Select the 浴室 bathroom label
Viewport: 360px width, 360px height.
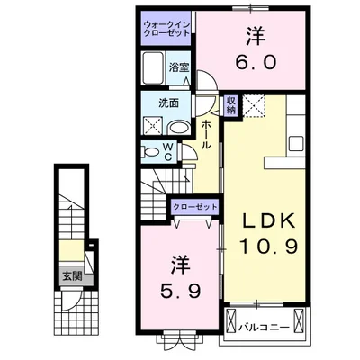click(x=180, y=67)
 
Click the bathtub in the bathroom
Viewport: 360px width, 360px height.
click(x=153, y=68)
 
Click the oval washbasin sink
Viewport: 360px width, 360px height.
click(x=176, y=128)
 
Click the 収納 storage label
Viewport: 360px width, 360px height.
click(x=231, y=104)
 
